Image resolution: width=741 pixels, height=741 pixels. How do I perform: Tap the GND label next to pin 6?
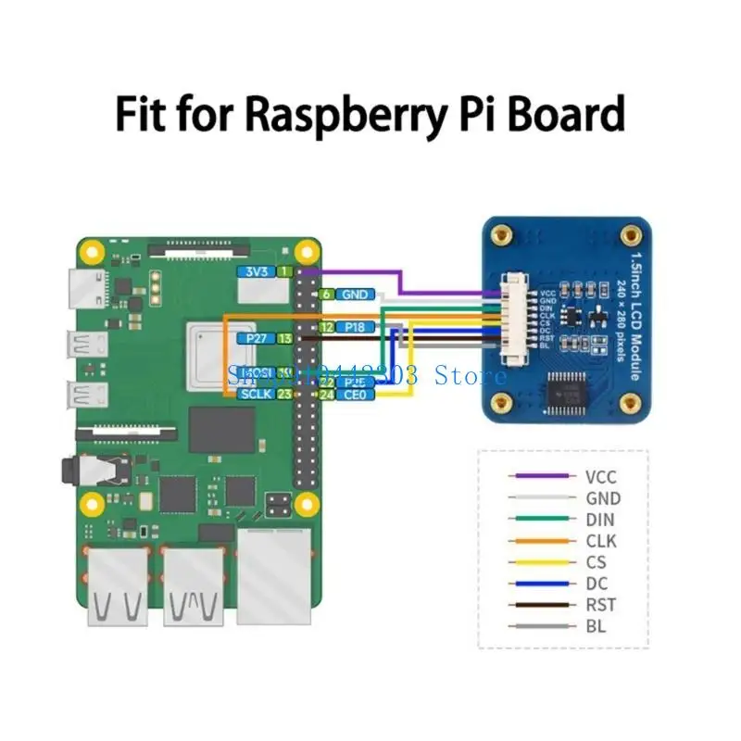[355, 295]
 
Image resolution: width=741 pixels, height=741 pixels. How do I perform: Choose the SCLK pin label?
[254, 395]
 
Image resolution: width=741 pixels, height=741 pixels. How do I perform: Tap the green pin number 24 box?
[326, 395]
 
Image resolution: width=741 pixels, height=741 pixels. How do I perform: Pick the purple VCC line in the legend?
[538, 477]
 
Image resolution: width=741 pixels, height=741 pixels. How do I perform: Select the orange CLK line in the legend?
[538, 541]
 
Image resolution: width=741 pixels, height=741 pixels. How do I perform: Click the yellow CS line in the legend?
[538, 562]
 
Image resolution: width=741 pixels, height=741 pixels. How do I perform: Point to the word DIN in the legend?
[599, 520]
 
